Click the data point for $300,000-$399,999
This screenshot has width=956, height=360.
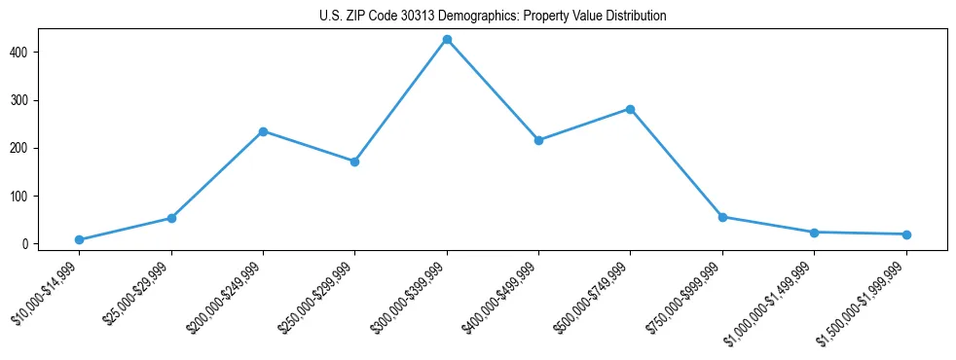click(447, 40)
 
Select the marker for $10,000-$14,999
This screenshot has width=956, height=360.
click(79, 239)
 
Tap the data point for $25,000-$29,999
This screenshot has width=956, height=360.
click(171, 218)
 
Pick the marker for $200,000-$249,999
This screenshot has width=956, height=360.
click(263, 131)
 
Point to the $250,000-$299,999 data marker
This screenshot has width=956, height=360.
click(354, 162)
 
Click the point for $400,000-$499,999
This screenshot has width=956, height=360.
click(538, 140)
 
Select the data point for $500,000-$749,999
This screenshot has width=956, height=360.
click(630, 109)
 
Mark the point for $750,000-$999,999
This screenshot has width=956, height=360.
click(722, 217)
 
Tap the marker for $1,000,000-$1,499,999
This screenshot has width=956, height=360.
click(814, 233)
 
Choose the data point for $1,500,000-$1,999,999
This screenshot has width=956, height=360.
click(906, 234)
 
